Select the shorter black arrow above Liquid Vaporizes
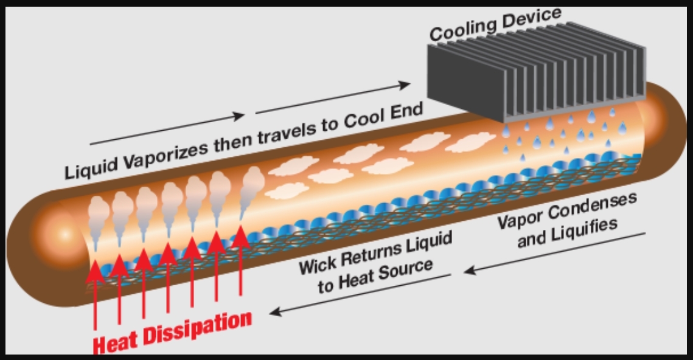167,129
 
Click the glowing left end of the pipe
58,234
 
